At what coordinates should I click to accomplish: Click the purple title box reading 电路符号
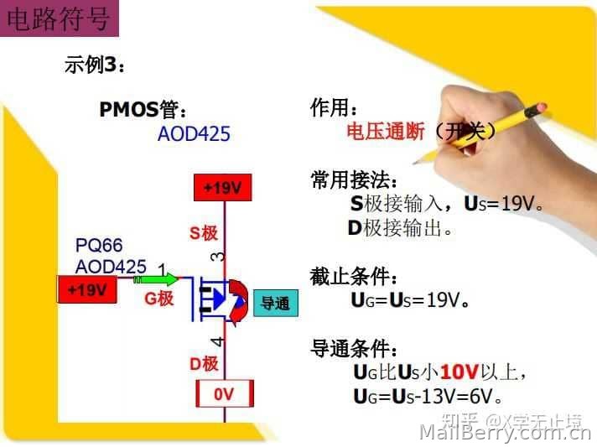click(60, 18)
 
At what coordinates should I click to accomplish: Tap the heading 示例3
click(95, 64)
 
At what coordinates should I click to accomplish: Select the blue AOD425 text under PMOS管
click(194, 133)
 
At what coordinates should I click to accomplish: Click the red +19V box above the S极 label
click(223, 187)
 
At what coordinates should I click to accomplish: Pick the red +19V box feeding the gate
click(87, 289)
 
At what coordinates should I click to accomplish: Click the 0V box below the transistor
click(225, 393)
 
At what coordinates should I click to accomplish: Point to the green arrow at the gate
click(156, 280)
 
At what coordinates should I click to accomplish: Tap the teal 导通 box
click(276, 304)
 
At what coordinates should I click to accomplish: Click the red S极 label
click(204, 232)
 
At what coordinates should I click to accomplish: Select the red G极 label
click(159, 299)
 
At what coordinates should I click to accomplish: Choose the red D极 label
click(204, 364)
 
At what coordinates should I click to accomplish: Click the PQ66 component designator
click(99, 245)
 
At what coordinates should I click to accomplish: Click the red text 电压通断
click(386, 132)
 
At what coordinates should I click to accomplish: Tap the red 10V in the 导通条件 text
click(459, 372)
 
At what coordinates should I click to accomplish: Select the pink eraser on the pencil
click(540, 108)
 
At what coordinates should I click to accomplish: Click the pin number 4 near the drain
click(217, 341)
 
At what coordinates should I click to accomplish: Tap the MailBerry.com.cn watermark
click(505, 433)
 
